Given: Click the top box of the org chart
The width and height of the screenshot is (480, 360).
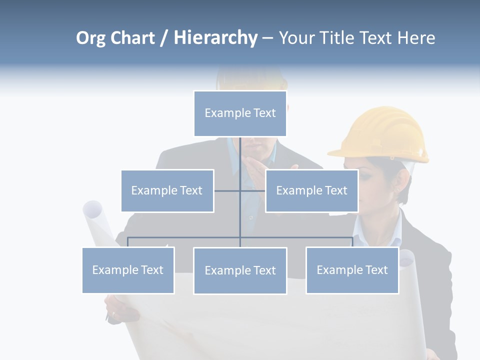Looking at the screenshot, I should point(240,113).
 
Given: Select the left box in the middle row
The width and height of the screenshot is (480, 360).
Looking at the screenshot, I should point(167,190).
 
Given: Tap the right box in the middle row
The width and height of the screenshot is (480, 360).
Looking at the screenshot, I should point(311,190).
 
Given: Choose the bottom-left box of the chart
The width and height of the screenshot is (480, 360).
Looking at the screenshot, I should point(128,270).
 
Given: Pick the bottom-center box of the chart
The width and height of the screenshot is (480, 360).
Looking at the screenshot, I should point(240,270).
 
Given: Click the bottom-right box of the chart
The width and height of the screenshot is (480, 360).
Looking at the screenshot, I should point(352,270).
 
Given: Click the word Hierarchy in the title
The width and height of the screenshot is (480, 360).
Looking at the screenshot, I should point(215,37).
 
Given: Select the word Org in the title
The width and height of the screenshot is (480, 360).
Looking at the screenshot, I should point(90,38).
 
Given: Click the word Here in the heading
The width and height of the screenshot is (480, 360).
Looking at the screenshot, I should point(416,38).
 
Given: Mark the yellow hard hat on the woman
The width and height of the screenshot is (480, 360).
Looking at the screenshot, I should point(383,133).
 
